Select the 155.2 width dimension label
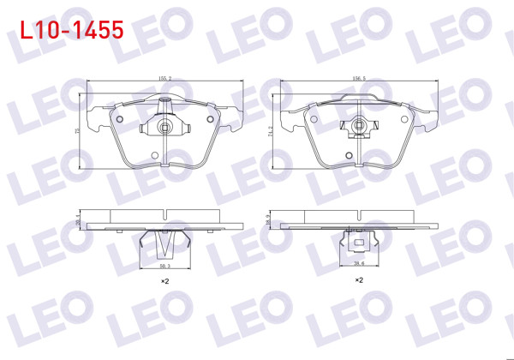[165, 78]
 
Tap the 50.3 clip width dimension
[165, 267]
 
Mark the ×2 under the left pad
[165, 281]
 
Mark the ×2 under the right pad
[359, 280]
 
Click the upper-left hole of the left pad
[121, 118]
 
